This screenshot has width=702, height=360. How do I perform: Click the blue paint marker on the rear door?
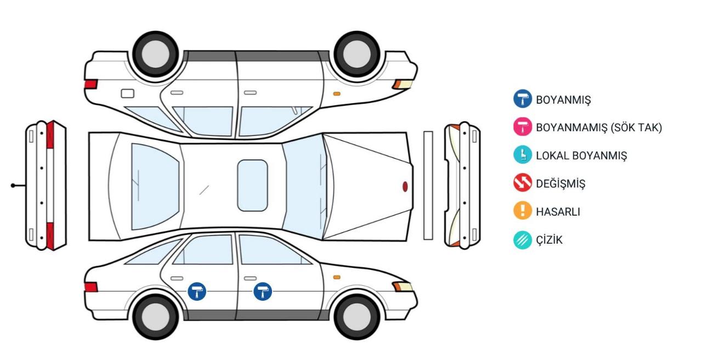pos(197,291)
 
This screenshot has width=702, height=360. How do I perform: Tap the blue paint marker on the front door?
pos(263,291)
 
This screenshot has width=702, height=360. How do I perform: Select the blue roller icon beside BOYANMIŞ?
pos(523,99)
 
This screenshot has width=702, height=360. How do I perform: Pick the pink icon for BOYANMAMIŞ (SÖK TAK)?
pos(523,127)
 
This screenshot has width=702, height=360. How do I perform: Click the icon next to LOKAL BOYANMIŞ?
pos(523,155)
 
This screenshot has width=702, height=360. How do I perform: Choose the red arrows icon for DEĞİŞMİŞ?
pos(523,182)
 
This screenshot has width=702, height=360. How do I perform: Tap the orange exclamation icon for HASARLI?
pos(523,210)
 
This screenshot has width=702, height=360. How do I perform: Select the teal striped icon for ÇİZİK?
pos(523,240)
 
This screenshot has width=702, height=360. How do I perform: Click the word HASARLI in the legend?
pos(558,212)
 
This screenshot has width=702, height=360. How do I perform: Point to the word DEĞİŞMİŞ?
pos(561,183)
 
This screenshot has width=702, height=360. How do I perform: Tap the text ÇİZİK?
pos(550,240)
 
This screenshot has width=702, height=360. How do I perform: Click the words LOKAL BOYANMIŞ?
pos(582,156)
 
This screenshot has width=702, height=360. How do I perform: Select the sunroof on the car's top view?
pos(253,185)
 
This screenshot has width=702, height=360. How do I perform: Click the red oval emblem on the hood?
pos(405,187)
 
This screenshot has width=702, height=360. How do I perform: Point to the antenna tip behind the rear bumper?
pos(13,185)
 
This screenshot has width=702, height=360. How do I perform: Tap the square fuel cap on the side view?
pos(128,93)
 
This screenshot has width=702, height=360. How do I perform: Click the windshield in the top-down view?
pos(304,187)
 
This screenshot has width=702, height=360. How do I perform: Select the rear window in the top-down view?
pos(155,187)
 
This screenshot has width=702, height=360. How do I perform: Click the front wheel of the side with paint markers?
pos(357,317)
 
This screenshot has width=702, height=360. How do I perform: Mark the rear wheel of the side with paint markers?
pos(156,317)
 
